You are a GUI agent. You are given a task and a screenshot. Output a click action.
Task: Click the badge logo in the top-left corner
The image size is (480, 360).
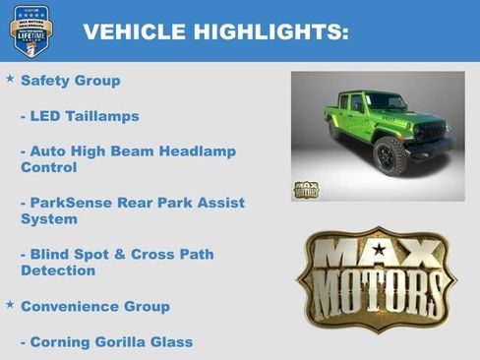click(x=31, y=30)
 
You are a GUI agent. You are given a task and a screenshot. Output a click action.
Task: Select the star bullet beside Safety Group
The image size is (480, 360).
click(x=10, y=78)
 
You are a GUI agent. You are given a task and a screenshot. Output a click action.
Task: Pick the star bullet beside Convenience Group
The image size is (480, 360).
click(x=10, y=304)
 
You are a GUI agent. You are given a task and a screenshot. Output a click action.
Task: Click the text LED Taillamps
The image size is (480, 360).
click(x=84, y=116)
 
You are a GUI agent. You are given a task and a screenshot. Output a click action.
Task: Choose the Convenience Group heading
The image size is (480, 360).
click(x=94, y=306)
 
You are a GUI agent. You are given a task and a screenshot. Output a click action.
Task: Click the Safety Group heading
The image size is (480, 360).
click(x=70, y=81)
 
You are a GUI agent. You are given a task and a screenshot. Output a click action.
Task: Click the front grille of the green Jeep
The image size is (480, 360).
click(x=431, y=130)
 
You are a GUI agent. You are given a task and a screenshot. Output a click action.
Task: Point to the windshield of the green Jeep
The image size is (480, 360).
click(x=387, y=101)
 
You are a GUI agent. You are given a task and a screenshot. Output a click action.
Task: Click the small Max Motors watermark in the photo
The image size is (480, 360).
click(x=306, y=189)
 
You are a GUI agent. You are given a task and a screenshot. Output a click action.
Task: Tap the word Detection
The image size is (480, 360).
click(x=58, y=270)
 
